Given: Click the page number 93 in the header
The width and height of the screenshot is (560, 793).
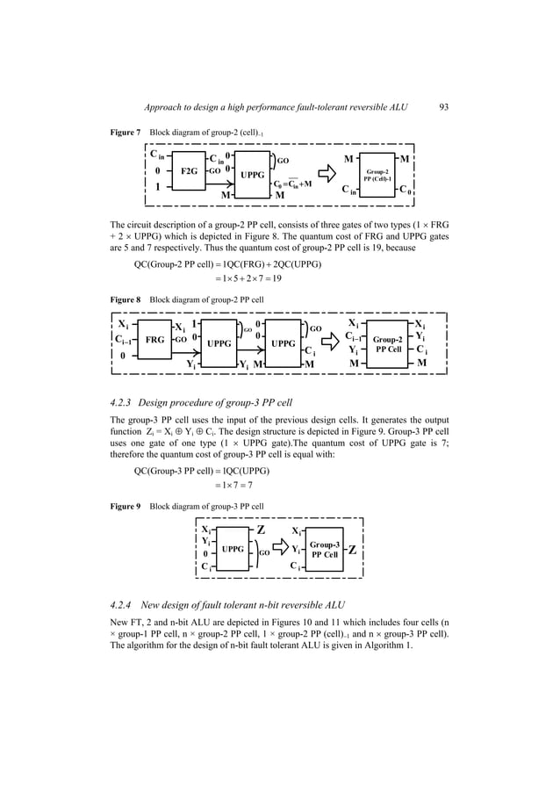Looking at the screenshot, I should pyautogui.click(x=443, y=108).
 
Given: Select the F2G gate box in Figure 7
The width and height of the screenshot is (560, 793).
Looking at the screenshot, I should pyautogui.click(x=188, y=172).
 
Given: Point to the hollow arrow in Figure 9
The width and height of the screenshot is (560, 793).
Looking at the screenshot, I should pyautogui.click(x=281, y=549).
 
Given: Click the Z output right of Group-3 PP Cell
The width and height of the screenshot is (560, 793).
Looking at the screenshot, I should pyautogui.click(x=351, y=551).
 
